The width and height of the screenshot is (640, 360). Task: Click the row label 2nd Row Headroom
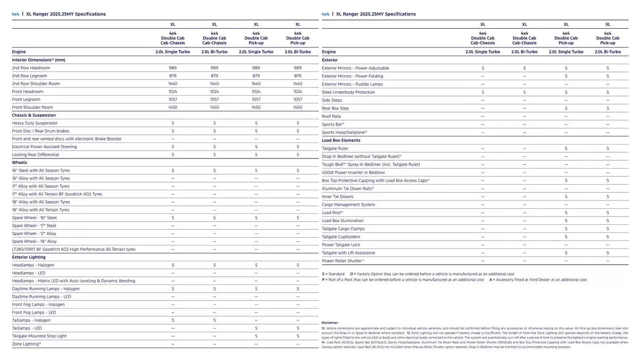pos(31,68)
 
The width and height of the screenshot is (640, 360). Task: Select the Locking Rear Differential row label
pos(35,155)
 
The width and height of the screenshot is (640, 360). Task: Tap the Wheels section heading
pos(20,163)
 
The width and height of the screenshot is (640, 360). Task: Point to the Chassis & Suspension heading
pos(34,115)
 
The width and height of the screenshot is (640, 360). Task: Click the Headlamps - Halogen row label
pos(33,265)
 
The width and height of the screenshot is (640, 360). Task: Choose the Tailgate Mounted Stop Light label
pos(39,336)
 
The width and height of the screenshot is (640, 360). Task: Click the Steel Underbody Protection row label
pos(348,92)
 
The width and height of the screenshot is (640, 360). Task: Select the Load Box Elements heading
pos(341,140)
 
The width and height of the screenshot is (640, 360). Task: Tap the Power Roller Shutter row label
pos(343,261)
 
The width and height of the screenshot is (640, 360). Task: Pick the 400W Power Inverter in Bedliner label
pos(353,172)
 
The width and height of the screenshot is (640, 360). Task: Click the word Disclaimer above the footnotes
pos(330,323)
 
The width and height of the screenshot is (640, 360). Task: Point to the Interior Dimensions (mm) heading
pos(39,60)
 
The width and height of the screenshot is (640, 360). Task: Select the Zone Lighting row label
pos(26,344)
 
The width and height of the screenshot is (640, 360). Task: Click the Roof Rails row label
pos(331,116)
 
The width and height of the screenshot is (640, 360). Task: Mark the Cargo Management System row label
pos(348,205)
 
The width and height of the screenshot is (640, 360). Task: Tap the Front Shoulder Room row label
pos(32,107)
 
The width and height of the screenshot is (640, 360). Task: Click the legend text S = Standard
pos(333,274)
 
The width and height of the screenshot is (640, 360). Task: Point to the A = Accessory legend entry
pos(538,280)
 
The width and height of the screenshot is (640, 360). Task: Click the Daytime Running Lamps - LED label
pos(42,297)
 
